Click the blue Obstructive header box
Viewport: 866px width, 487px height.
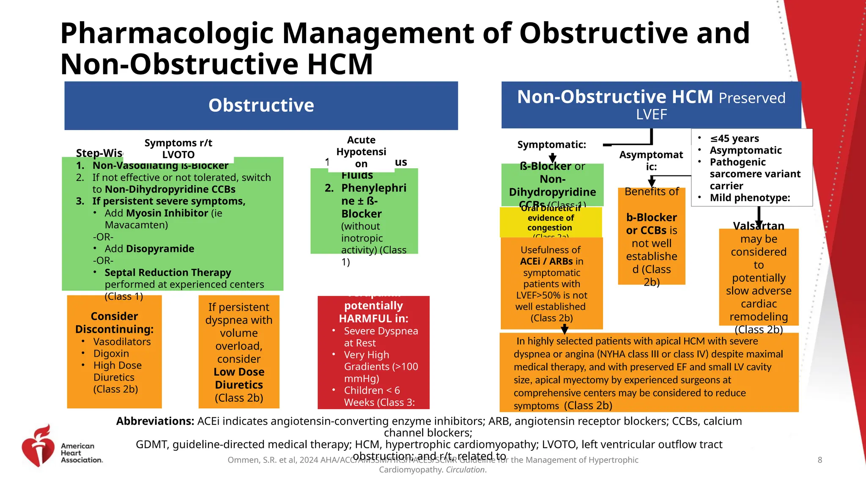[261, 106]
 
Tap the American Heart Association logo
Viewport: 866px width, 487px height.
[62, 446]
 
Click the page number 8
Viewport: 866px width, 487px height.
[819, 460]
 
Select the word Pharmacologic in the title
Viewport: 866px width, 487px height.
[167, 33]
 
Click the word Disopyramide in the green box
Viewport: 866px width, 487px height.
[149, 249]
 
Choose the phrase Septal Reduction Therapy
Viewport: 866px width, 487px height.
[168, 272]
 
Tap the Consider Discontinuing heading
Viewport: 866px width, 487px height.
[114, 323]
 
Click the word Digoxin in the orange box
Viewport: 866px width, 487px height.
[111, 353]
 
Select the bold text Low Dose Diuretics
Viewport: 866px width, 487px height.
[239, 378]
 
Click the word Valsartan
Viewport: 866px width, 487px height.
[759, 226]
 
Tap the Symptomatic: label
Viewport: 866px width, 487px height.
[551, 145]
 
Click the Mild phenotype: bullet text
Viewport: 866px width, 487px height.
[750, 198]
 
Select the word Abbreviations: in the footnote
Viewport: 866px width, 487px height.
[155, 421]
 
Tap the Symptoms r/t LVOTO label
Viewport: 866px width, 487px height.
[178, 149]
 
